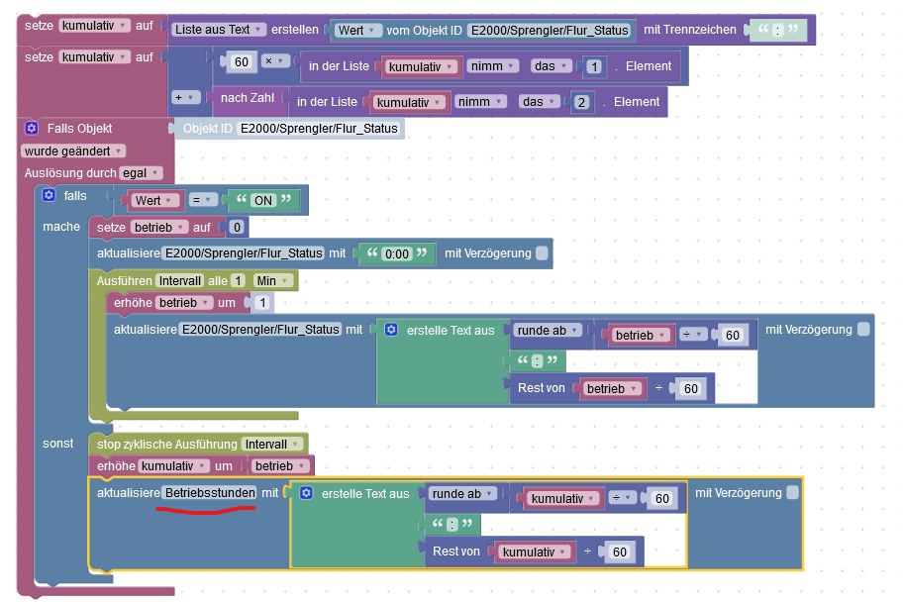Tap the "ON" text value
262,200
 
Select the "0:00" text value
396,253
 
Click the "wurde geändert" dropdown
73,150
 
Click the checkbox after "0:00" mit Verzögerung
542,253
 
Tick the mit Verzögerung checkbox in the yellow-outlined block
792,492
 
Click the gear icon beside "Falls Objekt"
32,128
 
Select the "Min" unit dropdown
272,280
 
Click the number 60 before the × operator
240,62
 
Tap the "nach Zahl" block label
248,97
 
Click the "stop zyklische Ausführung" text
166,444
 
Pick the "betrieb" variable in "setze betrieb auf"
158,228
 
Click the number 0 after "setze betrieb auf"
237,228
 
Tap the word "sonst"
57,443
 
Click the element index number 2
582,102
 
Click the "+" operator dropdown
185,97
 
